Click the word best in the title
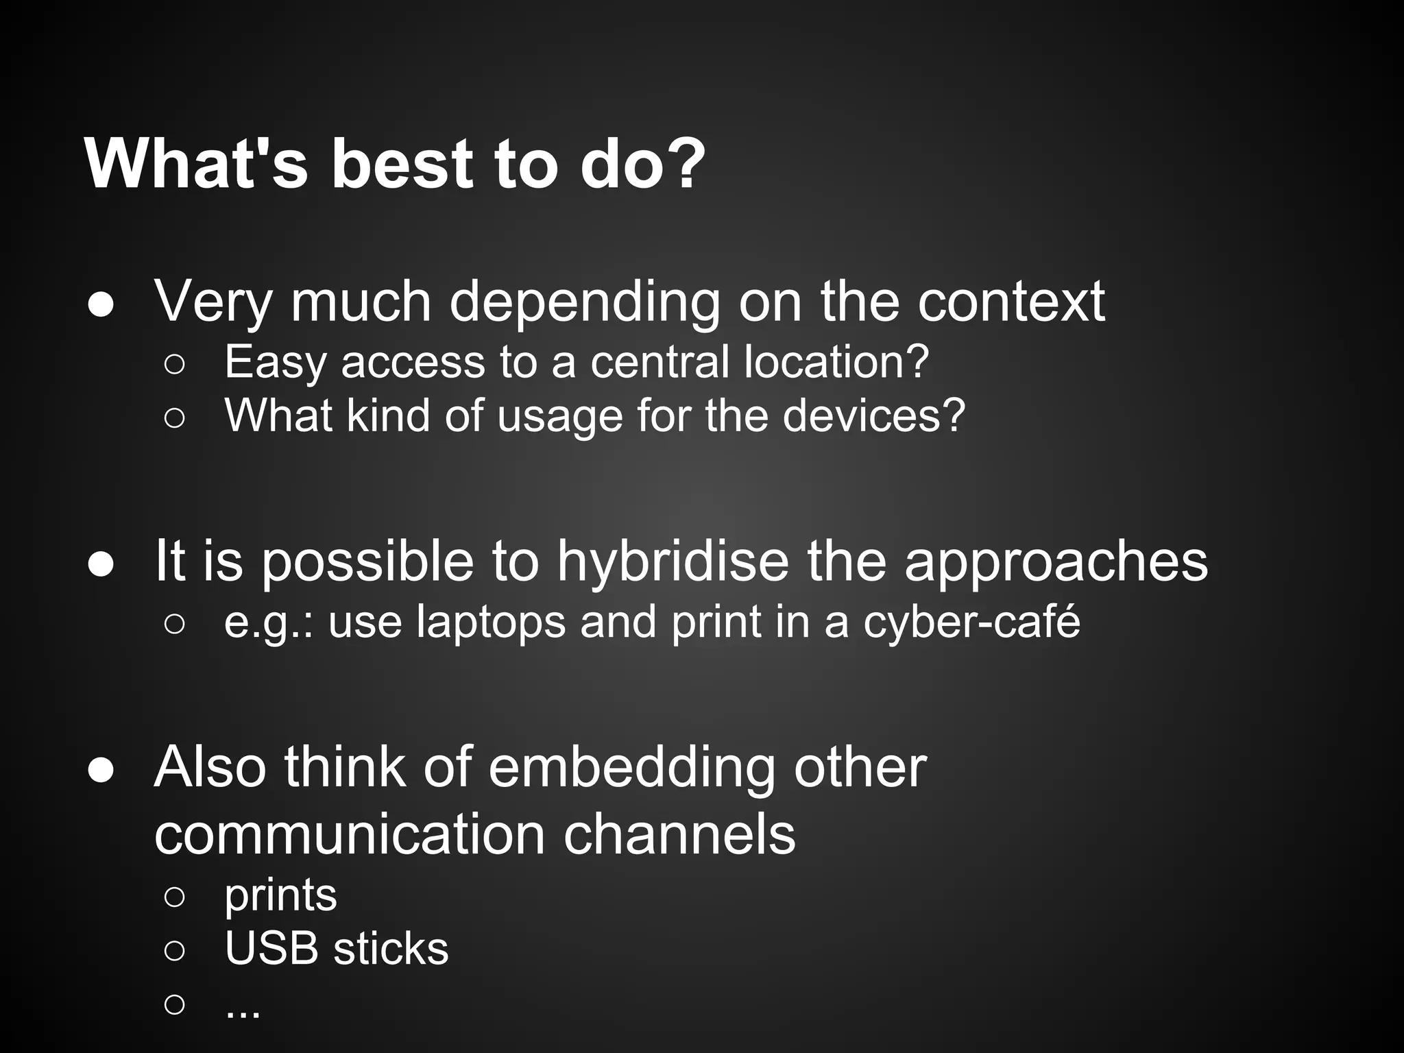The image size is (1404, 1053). pos(401,165)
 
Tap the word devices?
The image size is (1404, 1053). pos(873,415)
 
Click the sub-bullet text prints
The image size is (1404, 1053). pos(280,896)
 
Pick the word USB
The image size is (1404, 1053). pos(271,949)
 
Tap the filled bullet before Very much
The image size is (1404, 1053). pos(101,306)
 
